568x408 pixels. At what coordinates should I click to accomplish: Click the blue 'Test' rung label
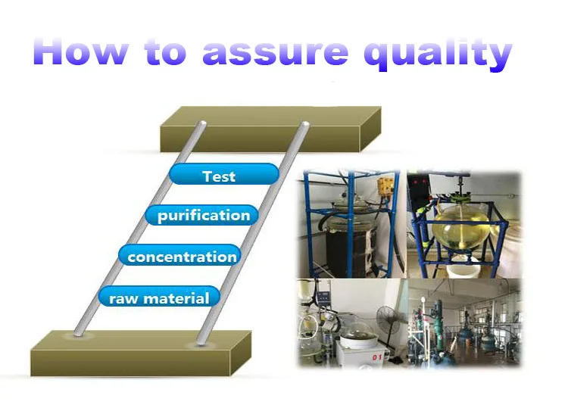click(x=219, y=176)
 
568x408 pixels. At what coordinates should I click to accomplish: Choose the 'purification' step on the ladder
click(x=202, y=216)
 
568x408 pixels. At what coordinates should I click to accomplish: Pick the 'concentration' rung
click(x=181, y=257)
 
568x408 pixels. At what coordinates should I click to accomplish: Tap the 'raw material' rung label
click(x=158, y=297)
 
